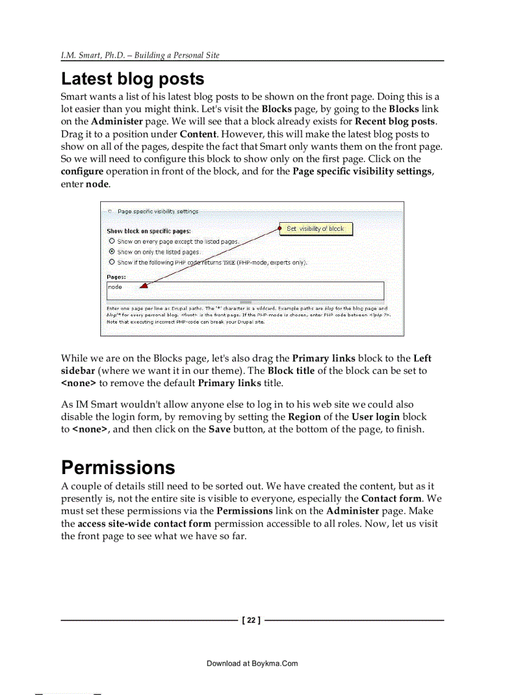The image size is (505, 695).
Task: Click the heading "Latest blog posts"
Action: (132, 79)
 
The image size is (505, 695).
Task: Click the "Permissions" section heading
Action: (118, 467)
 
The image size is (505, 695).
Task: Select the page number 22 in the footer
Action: (251, 620)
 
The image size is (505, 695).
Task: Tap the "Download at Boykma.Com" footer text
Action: (252, 663)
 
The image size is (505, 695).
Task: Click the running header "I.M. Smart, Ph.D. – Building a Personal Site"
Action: (140, 55)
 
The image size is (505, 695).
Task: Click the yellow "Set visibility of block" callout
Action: (315, 229)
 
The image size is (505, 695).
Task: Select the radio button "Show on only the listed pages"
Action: (112, 252)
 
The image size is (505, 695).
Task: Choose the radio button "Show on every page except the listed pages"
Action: (112, 241)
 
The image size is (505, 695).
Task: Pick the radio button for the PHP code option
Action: (112, 262)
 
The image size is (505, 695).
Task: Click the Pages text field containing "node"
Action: (245, 291)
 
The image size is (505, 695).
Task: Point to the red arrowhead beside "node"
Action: (144, 286)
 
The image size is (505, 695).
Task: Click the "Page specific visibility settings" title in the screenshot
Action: (158, 212)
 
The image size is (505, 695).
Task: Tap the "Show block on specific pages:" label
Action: (149, 231)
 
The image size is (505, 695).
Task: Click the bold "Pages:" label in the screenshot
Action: (116, 277)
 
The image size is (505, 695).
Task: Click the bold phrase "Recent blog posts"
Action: (395, 121)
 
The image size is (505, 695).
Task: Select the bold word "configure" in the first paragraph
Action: (82, 171)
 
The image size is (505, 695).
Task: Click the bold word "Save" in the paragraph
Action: (219, 430)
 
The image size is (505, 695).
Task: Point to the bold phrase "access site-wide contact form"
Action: (144, 524)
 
